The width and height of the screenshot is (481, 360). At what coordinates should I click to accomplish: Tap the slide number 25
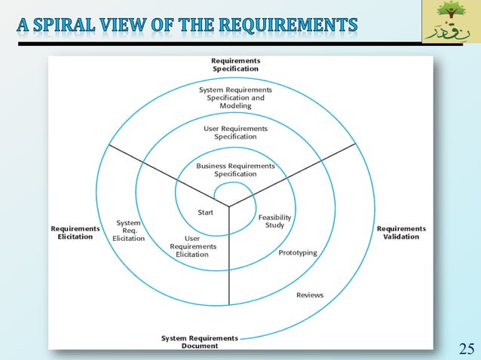click(x=467, y=348)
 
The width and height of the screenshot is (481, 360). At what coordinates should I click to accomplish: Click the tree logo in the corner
click(x=450, y=22)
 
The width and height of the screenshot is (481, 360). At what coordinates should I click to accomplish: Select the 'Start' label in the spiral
click(x=205, y=212)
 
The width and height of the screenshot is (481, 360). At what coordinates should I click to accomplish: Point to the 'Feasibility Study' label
click(x=274, y=221)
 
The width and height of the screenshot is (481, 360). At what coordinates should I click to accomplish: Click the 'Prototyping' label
click(x=298, y=252)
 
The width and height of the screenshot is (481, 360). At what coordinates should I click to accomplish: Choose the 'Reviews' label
click(x=309, y=294)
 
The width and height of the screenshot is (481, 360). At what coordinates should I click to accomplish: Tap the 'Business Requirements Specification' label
click(x=235, y=169)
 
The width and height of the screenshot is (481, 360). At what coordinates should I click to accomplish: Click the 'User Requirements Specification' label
click(x=235, y=133)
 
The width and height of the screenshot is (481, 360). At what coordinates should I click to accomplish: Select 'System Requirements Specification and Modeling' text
click(x=235, y=98)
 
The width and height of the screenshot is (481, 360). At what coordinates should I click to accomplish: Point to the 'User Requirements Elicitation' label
click(x=192, y=246)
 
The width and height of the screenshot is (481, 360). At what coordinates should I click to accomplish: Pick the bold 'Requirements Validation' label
click(x=401, y=233)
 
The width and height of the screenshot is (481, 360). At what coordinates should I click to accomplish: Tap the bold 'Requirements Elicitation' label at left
click(x=75, y=233)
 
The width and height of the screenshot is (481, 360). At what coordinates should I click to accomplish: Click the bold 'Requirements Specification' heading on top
click(x=235, y=64)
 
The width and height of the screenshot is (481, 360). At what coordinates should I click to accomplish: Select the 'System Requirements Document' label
click(x=200, y=342)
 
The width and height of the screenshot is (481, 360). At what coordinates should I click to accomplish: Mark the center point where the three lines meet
click(x=229, y=205)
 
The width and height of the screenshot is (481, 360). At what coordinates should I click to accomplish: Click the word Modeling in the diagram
click(x=235, y=106)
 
